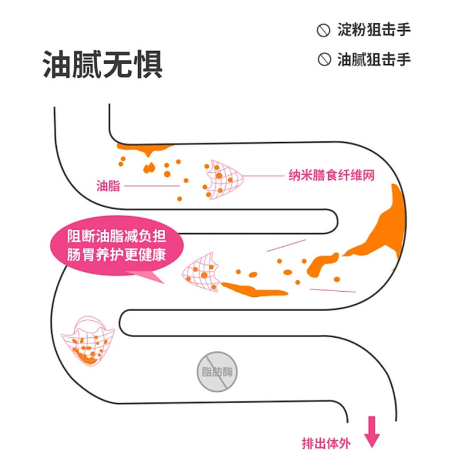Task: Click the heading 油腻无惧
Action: [103, 64]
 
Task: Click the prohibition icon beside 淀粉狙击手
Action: [324, 31]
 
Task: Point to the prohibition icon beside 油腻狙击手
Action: [324, 60]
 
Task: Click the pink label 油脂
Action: [108, 186]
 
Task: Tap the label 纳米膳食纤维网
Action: [332, 175]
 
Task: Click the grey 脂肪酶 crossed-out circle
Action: [217, 373]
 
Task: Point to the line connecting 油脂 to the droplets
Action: [151, 186]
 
